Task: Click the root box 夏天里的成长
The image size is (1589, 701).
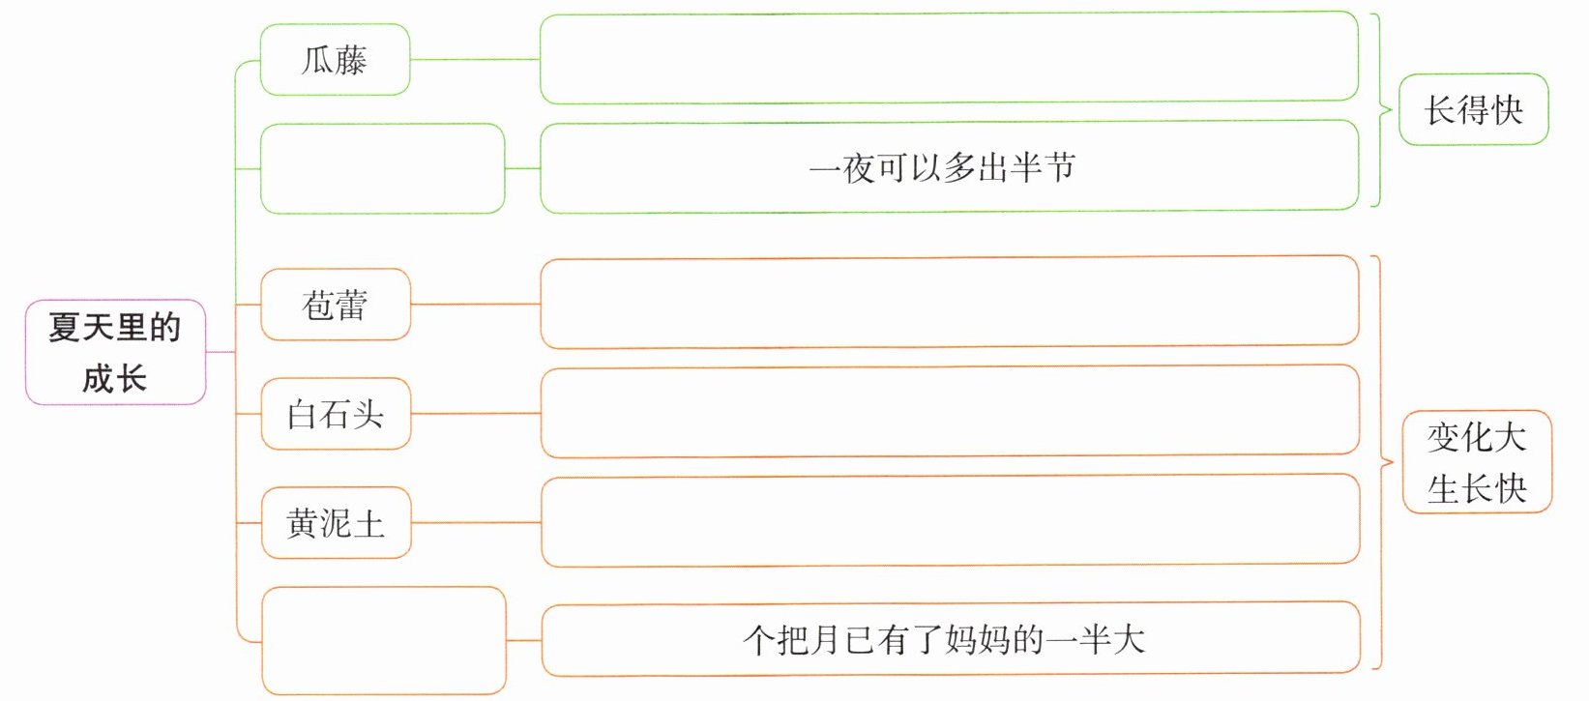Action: (x=115, y=352)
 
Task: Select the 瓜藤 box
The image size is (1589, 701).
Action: (x=335, y=60)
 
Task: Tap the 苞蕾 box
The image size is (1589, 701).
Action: (x=336, y=305)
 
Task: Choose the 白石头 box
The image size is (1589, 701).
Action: (x=336, y=414)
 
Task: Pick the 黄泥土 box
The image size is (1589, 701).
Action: (x=336, y=523)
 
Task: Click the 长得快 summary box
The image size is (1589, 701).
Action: (x=1473, y=109)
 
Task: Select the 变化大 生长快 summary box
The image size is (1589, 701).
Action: (x=1477, y=462)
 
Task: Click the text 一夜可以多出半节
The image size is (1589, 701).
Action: (x=941, y=168)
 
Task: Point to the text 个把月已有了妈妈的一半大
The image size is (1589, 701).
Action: (x=943, y=639)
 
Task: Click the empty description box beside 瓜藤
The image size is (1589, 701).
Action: (x=949, y=58)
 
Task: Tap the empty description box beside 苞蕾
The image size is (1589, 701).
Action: (x=949, y=302)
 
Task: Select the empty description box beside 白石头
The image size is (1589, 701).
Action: (x=949, y=411)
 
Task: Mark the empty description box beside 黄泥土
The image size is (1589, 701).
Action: (x=949, y=520)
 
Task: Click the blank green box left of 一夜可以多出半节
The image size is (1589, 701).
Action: (x=382, y=168)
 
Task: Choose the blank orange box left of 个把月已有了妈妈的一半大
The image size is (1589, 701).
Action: (x=383, y=640)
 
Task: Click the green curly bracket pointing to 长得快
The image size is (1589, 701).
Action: (x=1381, y=110)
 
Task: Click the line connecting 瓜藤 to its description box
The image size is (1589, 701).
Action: (x=474, y=59)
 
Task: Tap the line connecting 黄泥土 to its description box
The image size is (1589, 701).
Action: (x=475, y=522)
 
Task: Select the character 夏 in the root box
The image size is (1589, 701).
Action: (x=64, y=328)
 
